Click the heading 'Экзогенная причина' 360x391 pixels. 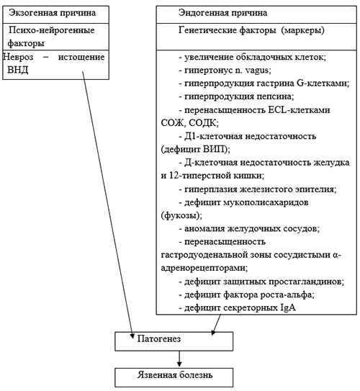(x=52, y=13)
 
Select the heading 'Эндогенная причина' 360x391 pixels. (x=222, y=13)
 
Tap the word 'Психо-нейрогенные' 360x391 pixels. (x=52, y=30)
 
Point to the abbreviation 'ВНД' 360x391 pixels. (x=18, y=70)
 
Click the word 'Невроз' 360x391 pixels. (x=18, y=57)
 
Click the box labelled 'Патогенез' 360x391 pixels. (x=174, y=341)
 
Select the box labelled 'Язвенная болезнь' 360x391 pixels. (x=174, y=377)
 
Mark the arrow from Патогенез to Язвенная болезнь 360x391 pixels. (x=179, y=359)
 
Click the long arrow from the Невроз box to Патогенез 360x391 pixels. (x=108, y=205)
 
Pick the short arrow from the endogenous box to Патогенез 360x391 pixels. (x=216, y=325)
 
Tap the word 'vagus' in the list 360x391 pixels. (x=258, y=71)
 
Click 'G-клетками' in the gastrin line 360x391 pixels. (x=323, y=84)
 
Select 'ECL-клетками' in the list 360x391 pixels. (x=299, y=110)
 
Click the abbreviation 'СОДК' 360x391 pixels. (x=204, y=123)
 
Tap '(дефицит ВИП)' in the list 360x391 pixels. (x=195, y=150)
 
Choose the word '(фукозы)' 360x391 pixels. (x=181, y=215)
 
